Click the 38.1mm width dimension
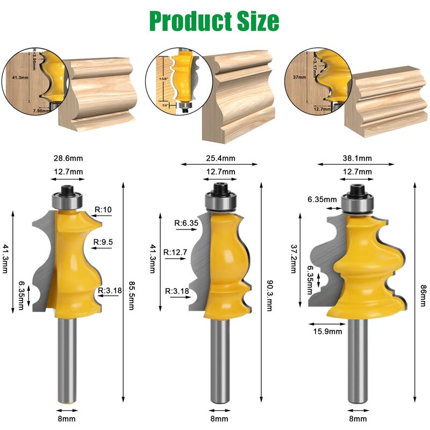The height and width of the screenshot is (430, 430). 357,159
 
